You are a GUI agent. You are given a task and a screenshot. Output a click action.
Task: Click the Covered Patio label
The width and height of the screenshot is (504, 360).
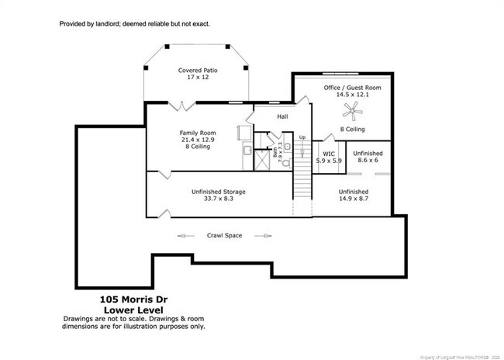[198, 71]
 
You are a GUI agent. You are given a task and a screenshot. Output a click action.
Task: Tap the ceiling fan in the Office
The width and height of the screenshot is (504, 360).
[354, 112]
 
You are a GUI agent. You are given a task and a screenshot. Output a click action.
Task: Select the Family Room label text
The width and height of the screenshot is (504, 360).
[198, 133]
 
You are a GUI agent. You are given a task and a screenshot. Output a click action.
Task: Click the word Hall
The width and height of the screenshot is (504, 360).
[283, 118]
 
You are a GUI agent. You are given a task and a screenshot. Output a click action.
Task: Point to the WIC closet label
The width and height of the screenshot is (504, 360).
[329, 154]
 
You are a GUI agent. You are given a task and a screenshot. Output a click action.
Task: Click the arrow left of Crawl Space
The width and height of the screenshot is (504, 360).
[185, 235]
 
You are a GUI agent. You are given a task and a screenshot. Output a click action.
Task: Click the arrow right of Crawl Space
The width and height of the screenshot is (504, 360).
[264, 235]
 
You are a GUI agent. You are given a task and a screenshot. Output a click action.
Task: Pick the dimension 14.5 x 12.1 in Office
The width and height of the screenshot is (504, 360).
[353, 95]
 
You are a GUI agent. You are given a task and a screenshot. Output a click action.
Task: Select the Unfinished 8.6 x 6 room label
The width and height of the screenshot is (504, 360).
[368, 157]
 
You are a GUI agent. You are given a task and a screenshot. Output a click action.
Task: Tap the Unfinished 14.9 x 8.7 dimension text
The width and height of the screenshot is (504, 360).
[353, 199]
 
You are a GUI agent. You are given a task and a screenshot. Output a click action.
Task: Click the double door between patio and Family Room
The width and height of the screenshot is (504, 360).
[181, 104]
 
